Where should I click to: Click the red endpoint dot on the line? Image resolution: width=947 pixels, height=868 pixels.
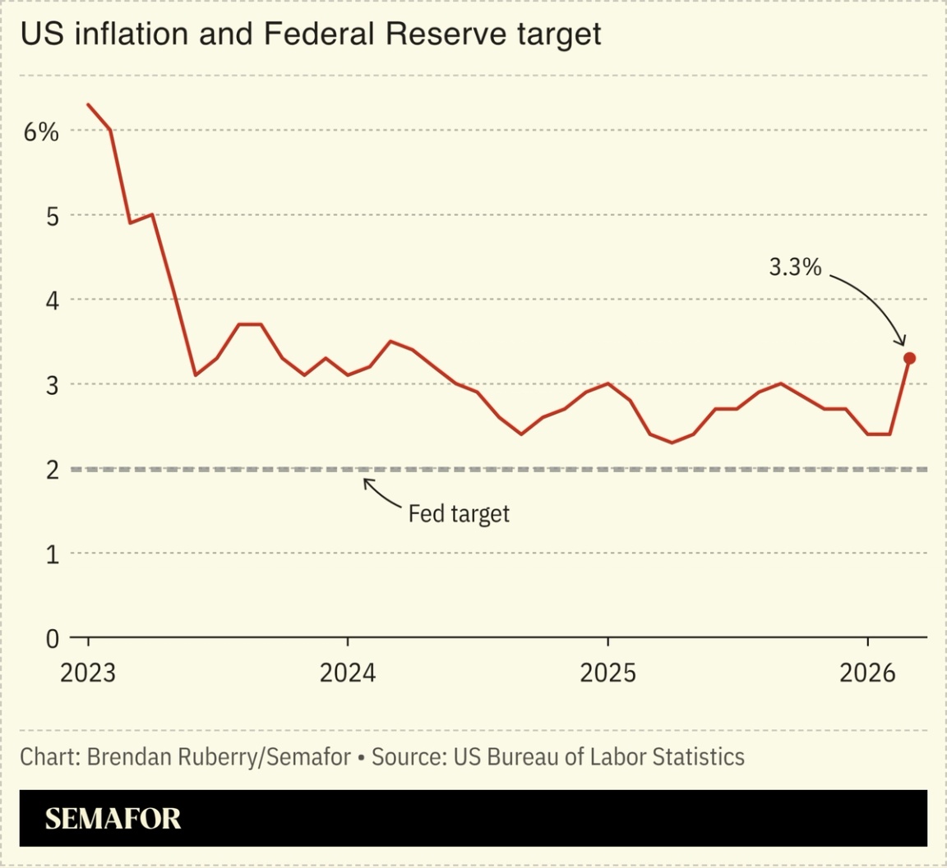tap(909, 358)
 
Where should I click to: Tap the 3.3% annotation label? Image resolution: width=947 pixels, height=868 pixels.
tap(795, 267)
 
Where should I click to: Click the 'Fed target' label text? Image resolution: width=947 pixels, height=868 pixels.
tap(459, 514)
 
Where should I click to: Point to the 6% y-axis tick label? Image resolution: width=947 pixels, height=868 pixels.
tap(41, 131)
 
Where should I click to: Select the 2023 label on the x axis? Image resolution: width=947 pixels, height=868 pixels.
tap(88, 673)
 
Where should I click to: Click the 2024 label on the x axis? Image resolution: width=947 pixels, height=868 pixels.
tap(348, 673)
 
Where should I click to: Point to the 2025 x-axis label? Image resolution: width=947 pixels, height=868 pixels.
tap(607, 673)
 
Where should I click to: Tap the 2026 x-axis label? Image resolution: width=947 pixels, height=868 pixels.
tap(867, 673)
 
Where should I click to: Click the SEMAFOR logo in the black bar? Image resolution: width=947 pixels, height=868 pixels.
tap(113, 819)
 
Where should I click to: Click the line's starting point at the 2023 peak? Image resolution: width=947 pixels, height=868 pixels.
tap(89, 105)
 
